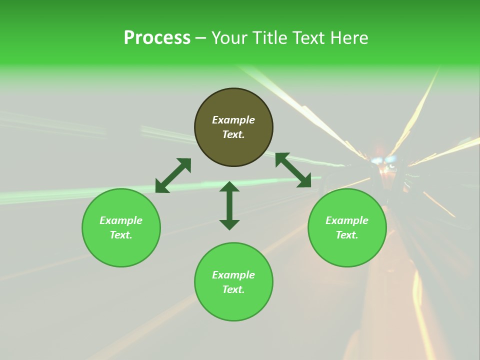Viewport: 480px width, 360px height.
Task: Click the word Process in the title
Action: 157,38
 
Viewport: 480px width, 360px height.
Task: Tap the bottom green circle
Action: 233,305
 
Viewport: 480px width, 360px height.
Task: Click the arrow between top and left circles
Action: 173,175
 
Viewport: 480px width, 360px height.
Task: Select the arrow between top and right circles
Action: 293,170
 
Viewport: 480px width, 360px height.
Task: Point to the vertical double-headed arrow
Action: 229,205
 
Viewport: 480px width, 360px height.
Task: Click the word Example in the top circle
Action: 233,120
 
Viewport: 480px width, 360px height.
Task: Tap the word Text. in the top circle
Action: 233,134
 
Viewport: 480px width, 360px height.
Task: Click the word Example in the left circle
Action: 121,220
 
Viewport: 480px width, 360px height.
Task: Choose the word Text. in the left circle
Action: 121,235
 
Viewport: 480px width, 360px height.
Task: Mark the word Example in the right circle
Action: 347,220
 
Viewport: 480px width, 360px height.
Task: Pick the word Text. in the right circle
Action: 347,235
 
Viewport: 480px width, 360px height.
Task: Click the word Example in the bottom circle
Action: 233,275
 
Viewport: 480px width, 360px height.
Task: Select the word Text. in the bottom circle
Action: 233,289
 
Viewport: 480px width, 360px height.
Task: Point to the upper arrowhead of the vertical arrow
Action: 229,186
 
